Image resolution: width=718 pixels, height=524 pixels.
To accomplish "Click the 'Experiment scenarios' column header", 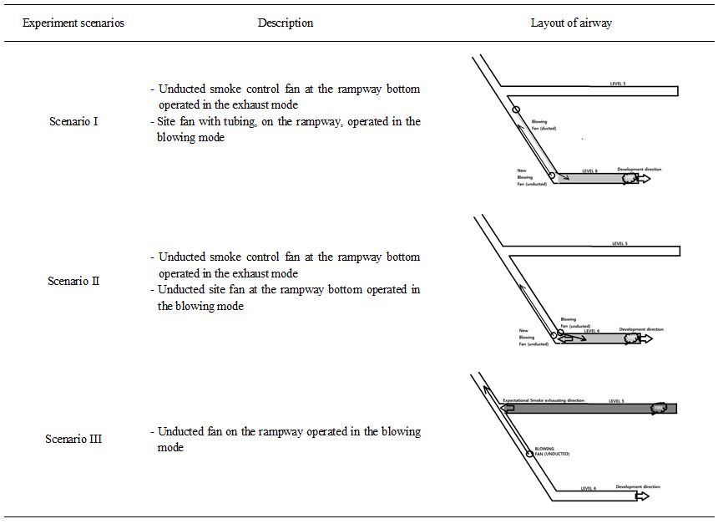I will click(x=73, y=23).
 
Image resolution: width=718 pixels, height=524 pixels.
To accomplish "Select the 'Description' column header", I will click(x=286, y=23).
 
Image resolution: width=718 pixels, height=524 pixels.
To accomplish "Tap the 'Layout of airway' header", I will click(x=571, y=23).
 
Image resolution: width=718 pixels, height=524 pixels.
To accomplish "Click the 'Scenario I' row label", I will click(x=73, y=122).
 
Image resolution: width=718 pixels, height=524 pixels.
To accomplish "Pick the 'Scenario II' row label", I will click(x=73, y=282).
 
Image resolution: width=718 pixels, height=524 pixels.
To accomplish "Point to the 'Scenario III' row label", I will click(x=73, y=439).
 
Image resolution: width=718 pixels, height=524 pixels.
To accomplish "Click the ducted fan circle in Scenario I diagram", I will click(x=516, y=110).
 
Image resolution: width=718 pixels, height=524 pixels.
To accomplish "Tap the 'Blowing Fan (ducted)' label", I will click(x=544, y=125).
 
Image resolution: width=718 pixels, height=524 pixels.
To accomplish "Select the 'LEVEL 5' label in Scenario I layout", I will click(x=619, y=84).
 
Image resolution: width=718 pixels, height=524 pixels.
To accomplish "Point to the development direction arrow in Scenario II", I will click(x=645, y=338).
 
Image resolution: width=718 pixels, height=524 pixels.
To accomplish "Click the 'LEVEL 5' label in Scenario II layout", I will click(x=619, y=244).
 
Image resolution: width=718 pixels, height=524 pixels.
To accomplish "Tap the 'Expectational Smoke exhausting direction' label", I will click(x=544, y=401).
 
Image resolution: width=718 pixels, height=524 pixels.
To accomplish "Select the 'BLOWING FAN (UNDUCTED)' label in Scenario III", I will click(x=552, y=451).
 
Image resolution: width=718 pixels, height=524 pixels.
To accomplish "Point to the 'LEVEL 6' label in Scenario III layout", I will click(x=589, y=488).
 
